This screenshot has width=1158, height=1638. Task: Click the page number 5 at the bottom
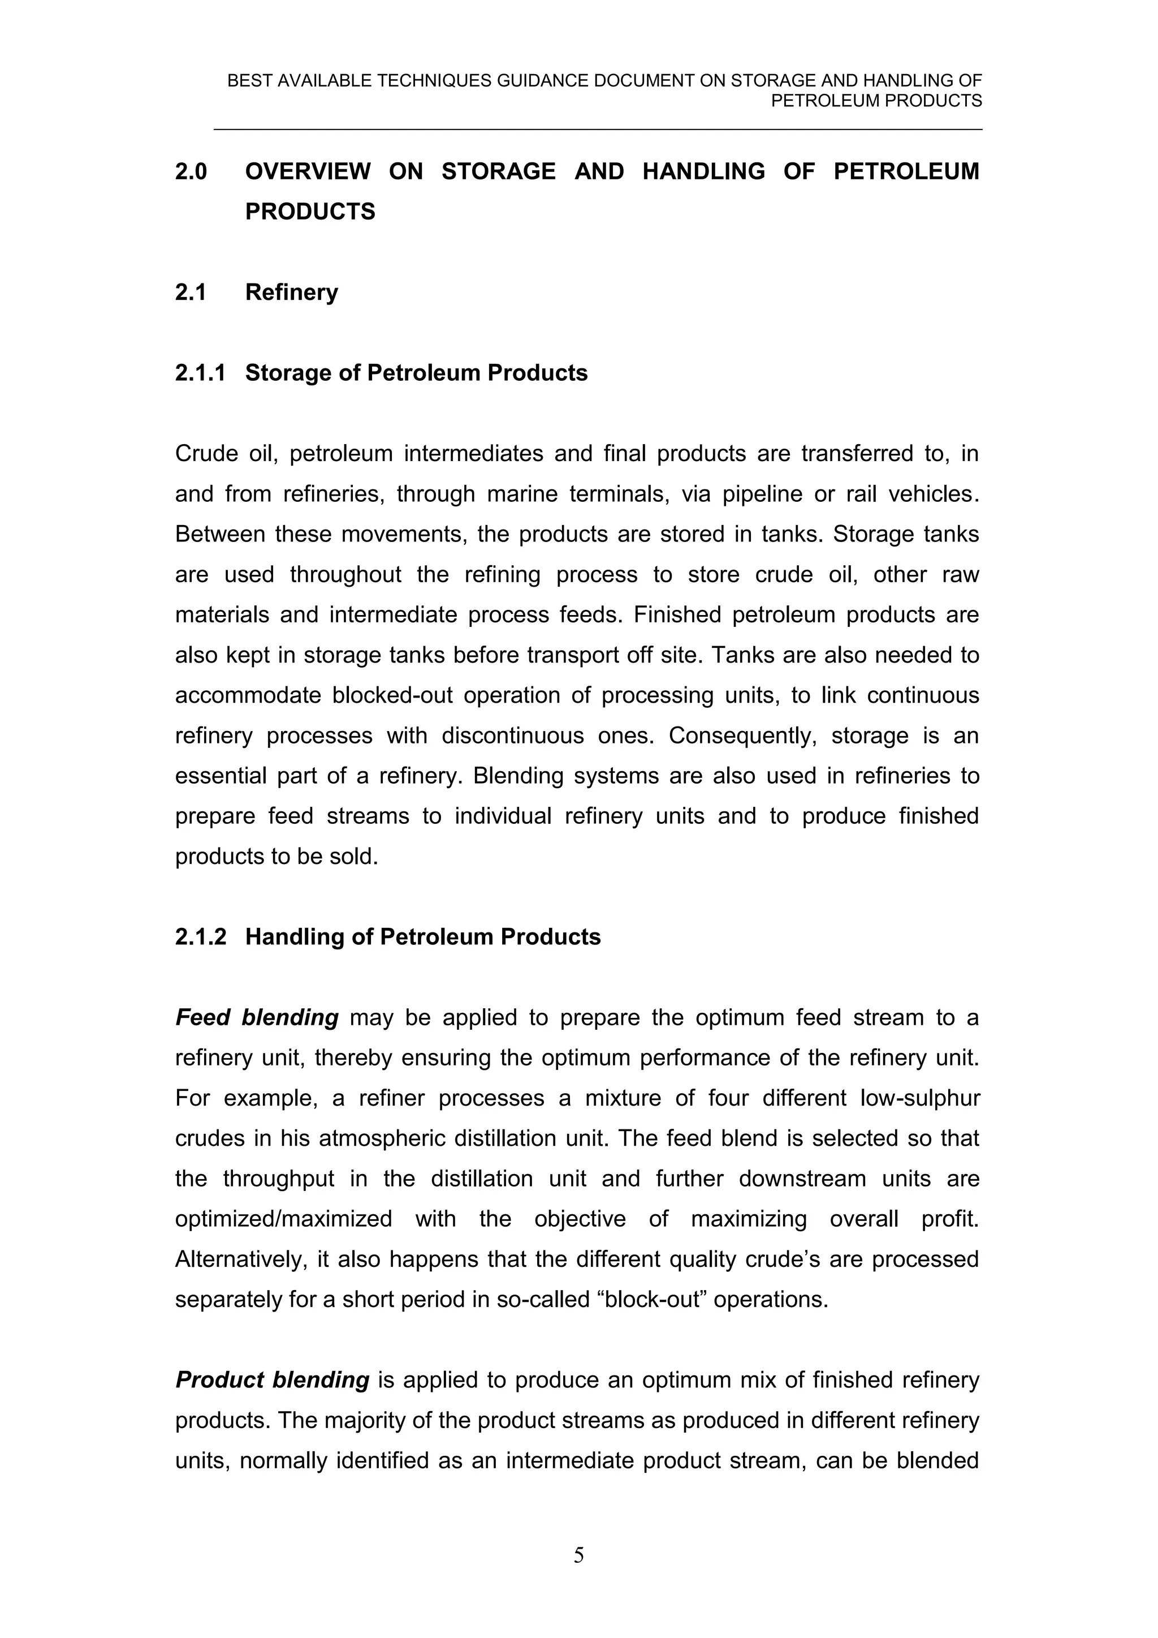(578, 1575)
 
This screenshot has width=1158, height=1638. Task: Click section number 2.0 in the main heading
(191, 172)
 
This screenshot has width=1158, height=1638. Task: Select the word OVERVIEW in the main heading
(308, 172)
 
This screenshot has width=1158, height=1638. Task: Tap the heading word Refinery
(292, 293)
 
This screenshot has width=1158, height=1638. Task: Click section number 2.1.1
(200, 373)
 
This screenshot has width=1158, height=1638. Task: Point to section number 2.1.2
(200, 937)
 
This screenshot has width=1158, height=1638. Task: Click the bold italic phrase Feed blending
(257, 1017)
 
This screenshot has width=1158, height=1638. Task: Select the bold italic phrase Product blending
(273, 1381)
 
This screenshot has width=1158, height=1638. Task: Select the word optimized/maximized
(283, 1219)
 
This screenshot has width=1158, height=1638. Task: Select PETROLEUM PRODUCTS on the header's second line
(876, 101)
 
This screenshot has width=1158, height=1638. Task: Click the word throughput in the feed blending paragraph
(278, 1179)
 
